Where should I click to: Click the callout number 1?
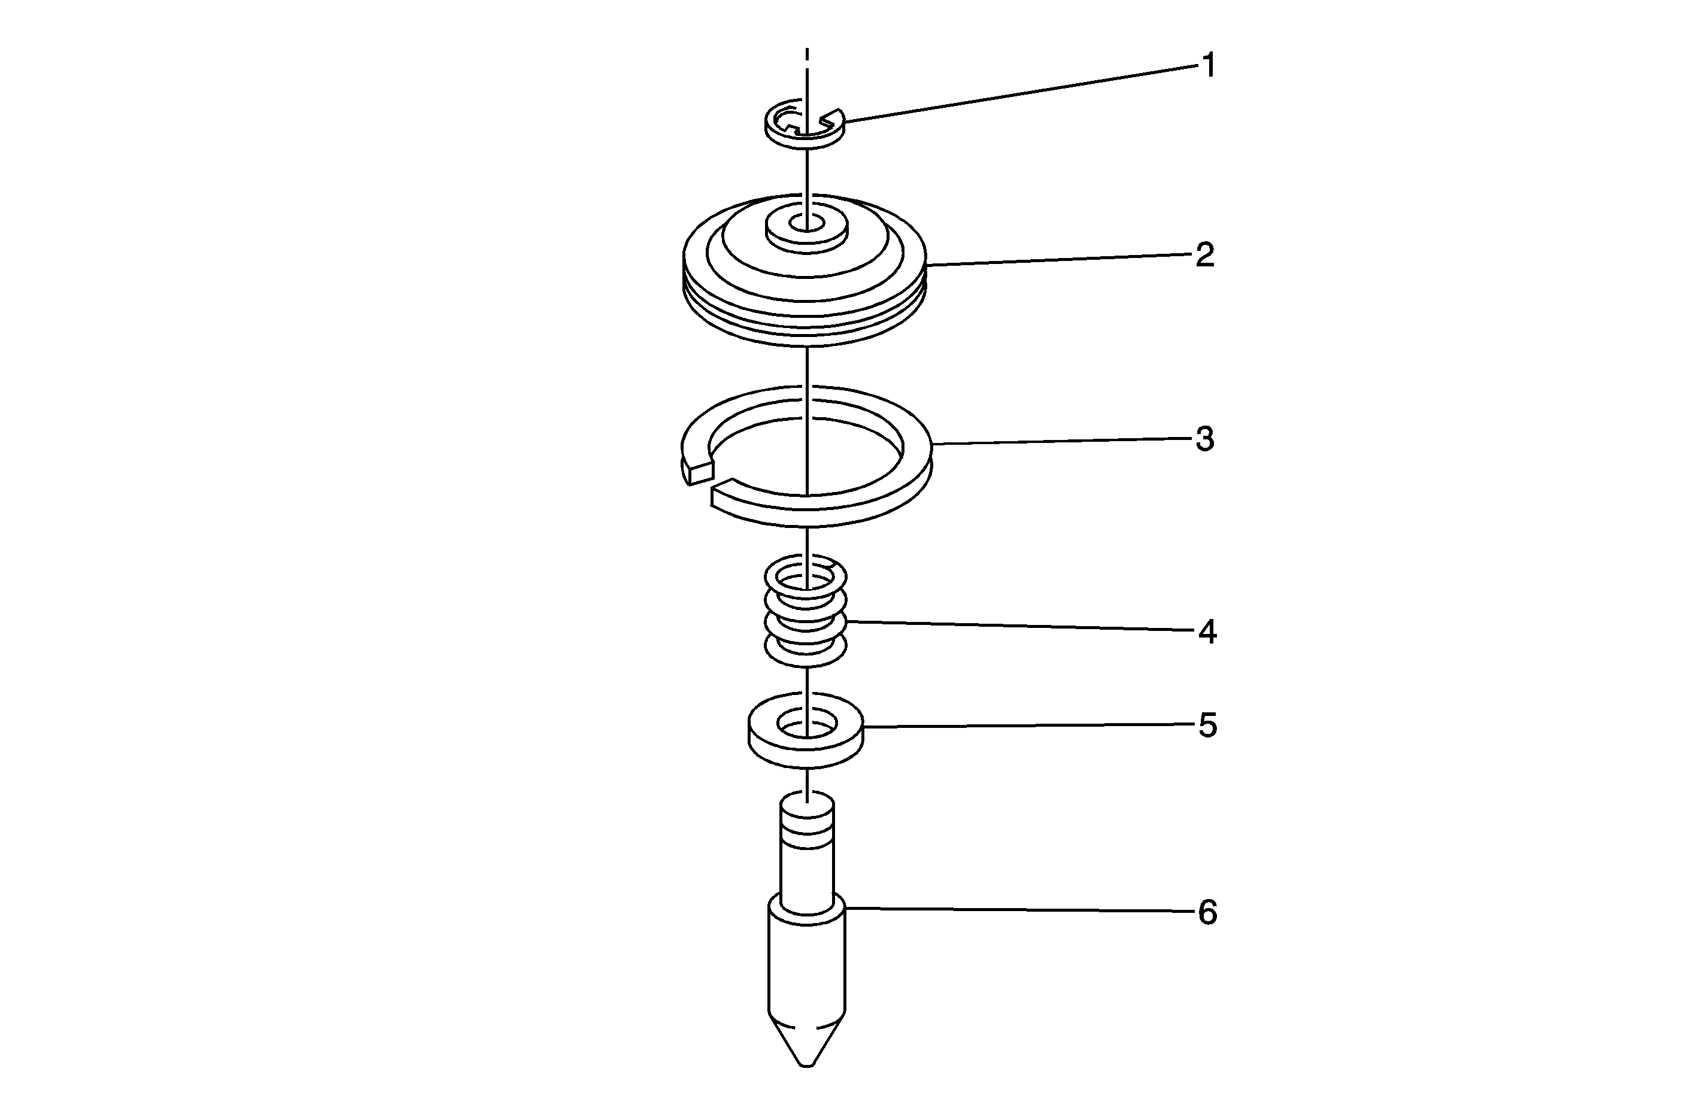pyautogui.click(x=1209, y=66)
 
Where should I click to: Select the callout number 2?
pyautogui.click(x=1206, y=255)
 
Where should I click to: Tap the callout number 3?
pyautogui.click(x=1206, y=439)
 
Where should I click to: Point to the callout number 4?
pyautogui.click(x=1208, y=632)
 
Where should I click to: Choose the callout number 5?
pyautogui.click(x=1208, y=726)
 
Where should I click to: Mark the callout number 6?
pyautogui.click(x=1208, y=913)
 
